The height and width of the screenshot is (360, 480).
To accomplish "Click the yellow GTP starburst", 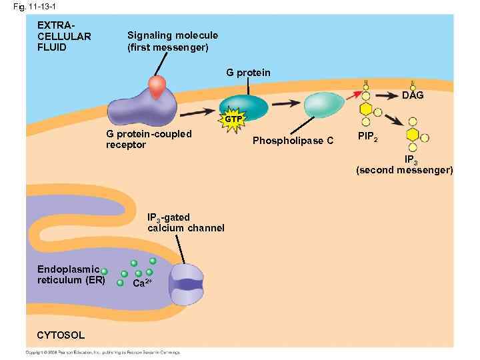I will coord(233,119).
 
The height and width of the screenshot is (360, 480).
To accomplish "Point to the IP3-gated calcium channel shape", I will coord(186,283).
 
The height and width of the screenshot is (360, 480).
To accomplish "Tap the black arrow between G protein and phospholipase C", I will coord(285,103).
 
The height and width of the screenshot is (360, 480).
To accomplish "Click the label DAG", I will coord(413,95).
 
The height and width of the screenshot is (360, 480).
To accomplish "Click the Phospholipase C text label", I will coord(293,141).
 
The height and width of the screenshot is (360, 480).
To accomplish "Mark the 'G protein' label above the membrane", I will coord(248,72).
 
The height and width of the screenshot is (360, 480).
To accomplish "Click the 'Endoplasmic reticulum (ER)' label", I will coord(71,275).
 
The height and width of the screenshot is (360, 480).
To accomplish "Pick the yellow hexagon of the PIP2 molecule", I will coord(366,109).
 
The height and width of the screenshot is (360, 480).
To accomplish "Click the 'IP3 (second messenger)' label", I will coord(405,165).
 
